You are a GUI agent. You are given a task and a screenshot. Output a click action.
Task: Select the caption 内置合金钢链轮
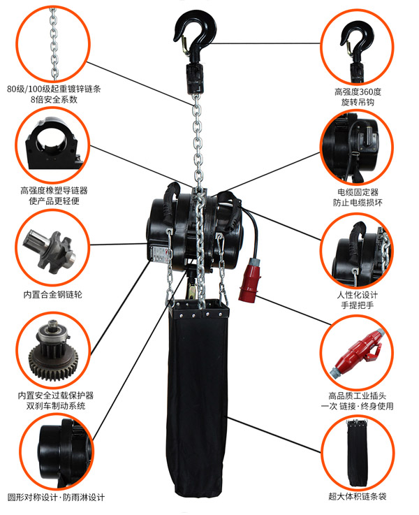(53, 294)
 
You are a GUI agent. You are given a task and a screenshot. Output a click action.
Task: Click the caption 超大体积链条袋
(358, 496)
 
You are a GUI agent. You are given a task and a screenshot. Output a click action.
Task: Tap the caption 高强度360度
(358, 92)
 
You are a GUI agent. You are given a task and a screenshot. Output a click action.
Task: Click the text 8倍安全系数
(54, 99)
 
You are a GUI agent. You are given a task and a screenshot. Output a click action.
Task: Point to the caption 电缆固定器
(358, 192)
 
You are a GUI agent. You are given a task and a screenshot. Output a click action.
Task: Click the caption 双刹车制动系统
(56, 405)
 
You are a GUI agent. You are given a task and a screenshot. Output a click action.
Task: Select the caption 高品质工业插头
(358, 396)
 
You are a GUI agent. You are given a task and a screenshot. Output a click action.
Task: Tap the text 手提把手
(358, 305)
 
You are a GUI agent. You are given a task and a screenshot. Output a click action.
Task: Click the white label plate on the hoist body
(160, 254)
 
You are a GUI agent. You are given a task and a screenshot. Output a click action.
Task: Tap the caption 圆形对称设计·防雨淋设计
(56, 498)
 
